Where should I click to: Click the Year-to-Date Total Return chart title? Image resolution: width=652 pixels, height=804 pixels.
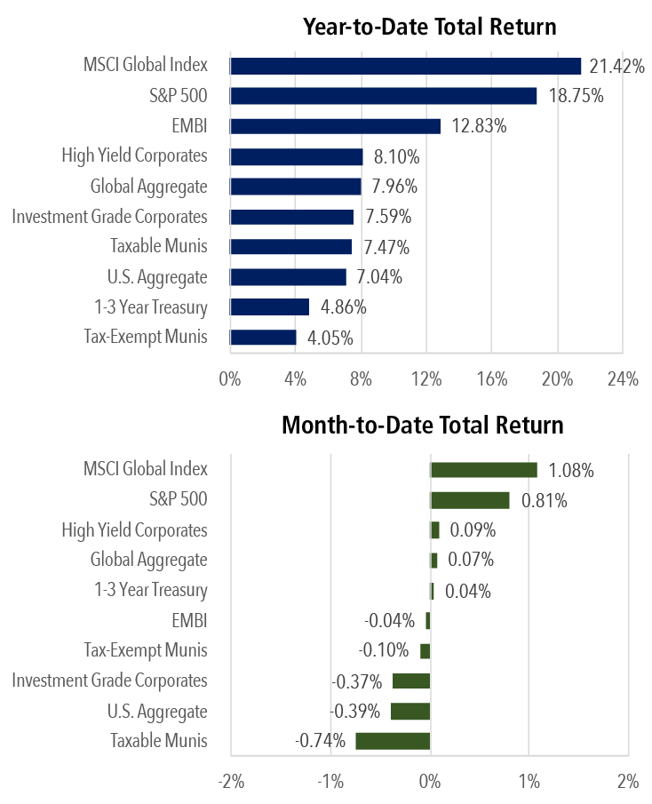point(429,27)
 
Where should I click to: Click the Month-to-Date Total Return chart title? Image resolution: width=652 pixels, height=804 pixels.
point(422,425)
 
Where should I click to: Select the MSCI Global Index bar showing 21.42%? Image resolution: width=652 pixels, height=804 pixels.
point(405,66)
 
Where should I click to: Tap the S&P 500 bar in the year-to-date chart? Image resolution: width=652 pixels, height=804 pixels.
point(383,96)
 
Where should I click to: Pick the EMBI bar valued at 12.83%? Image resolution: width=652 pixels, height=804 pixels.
point(335,126)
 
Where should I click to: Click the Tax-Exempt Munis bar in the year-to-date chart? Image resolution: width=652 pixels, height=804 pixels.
point(263,338)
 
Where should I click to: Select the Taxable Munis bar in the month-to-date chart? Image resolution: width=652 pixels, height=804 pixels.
point(393,741)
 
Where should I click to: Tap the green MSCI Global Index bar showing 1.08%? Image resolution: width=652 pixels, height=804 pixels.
point(483,470)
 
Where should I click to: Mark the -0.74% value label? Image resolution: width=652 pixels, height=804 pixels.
point(322,741)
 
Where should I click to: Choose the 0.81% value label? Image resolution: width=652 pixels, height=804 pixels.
point(544,500)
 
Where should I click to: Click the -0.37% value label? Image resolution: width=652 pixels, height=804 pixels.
point(357,681)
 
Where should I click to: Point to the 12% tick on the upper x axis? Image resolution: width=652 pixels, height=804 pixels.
point(426,380)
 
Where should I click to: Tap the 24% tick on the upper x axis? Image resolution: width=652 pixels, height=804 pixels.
point(623,380)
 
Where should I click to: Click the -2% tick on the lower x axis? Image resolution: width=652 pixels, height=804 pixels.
point(231,783)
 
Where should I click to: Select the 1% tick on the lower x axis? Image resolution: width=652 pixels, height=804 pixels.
point(529,783)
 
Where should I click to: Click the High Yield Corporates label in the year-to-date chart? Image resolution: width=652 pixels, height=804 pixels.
point(134,156)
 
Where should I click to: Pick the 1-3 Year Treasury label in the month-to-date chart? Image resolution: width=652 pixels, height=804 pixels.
point(150,590)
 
